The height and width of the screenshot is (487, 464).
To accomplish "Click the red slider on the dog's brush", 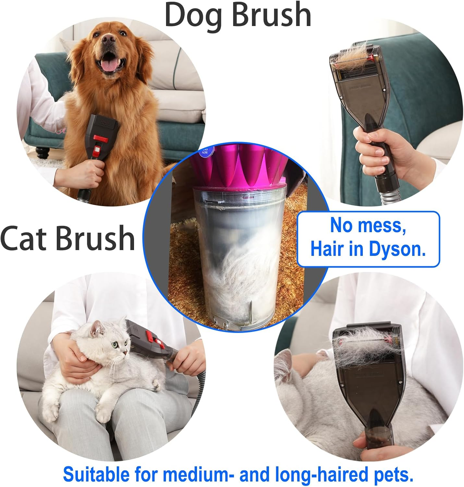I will click(100, 138).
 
